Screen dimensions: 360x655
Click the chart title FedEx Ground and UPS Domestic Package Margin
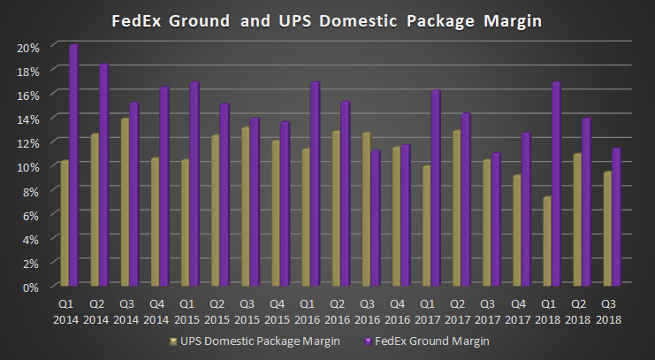pyautogui.click(x=327, y=19)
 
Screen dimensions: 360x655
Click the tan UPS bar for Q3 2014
pyautogui.click(x=125, y=203)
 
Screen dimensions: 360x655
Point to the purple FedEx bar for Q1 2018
pyautogui.click(x=557, y=185)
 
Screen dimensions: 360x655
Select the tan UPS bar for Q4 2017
pyautogui.click(x=517, y=232)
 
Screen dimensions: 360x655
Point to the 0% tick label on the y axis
pyautogui.click(x=31, y=287)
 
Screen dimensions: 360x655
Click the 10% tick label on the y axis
pyautogui.click(x=28, y=167)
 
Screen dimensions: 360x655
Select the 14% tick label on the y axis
pyautogui.click(x=28, y=119)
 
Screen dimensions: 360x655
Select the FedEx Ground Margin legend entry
pyautogui.click(x=427, y=341)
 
